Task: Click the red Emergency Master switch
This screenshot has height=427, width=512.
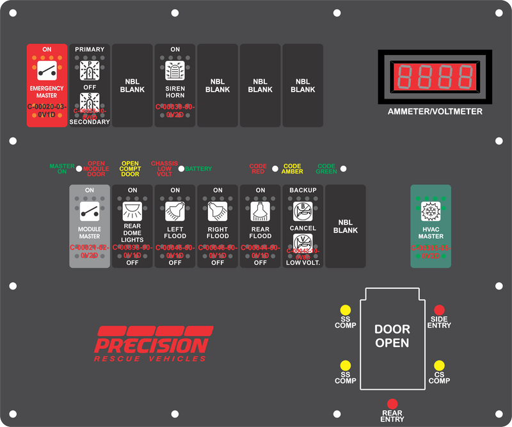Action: (x=47, y=85)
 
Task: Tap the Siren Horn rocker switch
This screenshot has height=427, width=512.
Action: (x=175, y=85)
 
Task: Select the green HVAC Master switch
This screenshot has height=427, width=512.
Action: (x=431, y=226)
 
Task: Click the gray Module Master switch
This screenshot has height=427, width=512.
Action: (x=90, y=226)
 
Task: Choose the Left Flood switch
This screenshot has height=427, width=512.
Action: (x=175, y=226)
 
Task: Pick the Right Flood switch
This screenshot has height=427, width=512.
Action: (x=218, y=226)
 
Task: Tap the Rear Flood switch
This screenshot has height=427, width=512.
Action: (x=260, y=226)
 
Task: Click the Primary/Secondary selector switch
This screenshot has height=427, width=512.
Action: (x=90, y=85)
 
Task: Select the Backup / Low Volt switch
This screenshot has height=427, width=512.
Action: (x=303, y=226)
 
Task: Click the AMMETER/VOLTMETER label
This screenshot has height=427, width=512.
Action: (x=435, y=111)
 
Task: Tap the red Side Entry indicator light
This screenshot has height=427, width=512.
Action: (x=440, y=309)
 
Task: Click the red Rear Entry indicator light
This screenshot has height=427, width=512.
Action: (x=392, y=404)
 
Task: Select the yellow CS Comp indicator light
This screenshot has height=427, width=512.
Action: (x=440, y=365)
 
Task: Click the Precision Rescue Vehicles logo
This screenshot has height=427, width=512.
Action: (x=154, y=344)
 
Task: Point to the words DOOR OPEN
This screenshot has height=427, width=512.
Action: (x=392, y=336)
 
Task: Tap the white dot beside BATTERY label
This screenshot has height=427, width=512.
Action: (x=181, y=169)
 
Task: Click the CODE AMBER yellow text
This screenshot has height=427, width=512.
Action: (x=292, y=169)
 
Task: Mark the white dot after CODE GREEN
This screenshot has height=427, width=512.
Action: (x=344, y=169)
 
